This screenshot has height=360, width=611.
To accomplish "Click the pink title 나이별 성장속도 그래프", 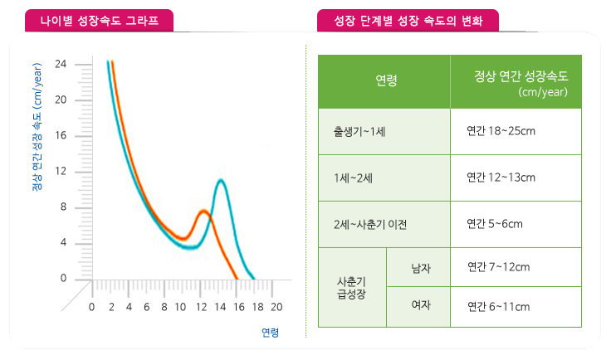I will [x=100, y=18].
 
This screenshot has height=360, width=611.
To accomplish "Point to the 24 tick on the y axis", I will [x=61, y=64].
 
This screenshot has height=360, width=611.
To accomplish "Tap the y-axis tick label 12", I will [x=61, y=172].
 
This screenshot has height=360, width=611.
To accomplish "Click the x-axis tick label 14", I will [x=220, y=307].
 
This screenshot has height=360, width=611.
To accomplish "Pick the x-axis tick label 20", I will [x=276, y=307].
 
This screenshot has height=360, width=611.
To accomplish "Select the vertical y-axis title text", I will [x=37, y=141].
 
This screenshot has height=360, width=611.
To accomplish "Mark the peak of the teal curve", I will [x=220, y=180].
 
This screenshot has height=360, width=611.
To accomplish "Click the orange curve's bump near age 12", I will [x=203, y=212].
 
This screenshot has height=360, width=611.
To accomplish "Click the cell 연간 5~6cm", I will [x=495, y=223].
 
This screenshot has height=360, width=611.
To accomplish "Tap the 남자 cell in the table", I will [x=421, y=267].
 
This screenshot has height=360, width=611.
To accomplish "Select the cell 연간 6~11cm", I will [x=498, y=307].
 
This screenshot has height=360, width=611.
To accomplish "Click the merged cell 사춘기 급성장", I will [x=352, y=287].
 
